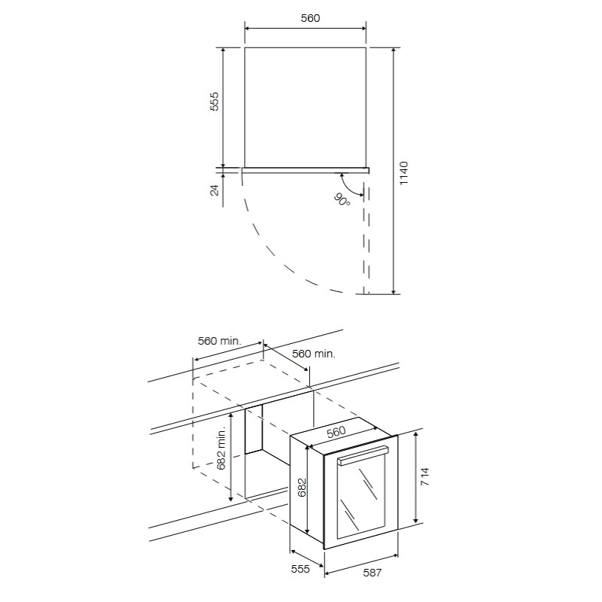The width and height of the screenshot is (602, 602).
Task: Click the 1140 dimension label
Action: point(403,174)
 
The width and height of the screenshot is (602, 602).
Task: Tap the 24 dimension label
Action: point(214,190)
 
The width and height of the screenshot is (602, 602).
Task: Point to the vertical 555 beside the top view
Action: point(214,102)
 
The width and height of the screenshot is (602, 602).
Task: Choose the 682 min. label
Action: point(221,448)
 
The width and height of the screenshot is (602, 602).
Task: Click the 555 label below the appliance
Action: point(300,570)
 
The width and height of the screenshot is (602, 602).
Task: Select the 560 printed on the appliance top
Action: point(336,431)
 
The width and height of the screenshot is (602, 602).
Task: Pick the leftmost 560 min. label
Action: point(219,341)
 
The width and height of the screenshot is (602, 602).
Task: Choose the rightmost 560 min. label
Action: point(313,354)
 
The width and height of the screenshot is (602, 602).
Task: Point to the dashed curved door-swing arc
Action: point(278,260)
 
